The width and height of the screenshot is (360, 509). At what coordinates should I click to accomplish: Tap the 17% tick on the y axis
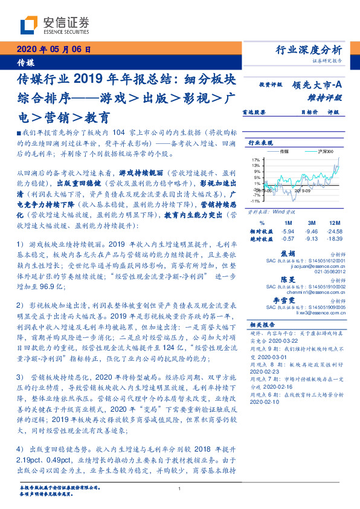tap(256, 160)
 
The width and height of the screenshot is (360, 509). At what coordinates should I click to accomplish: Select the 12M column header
tap(331, 222)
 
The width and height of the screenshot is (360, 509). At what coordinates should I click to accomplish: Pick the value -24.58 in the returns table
tap(331, 231)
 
